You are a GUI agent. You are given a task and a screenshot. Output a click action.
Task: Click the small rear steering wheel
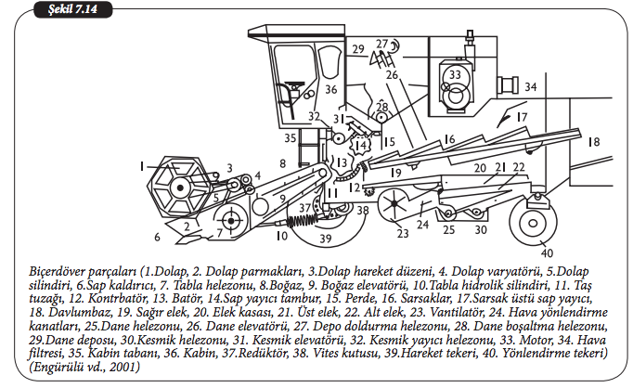(533, 222)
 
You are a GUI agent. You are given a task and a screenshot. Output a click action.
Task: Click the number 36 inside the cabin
(330, 89)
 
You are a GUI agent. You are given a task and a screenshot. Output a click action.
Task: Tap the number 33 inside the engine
(454, 74)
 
